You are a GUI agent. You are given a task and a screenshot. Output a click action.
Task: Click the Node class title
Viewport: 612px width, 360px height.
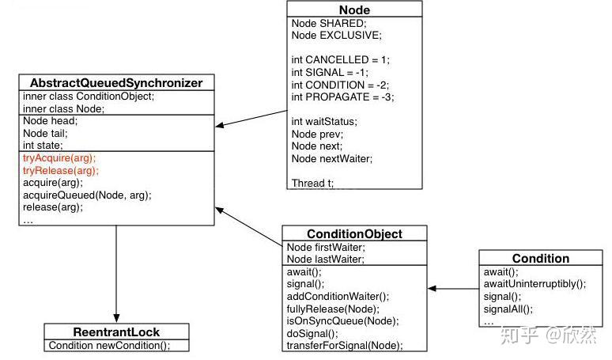(x=353, y=9)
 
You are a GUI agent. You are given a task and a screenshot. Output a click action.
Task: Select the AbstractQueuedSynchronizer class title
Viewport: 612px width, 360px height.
(x=115, y=83)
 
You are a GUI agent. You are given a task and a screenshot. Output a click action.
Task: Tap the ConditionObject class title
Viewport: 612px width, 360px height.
(x=354, y=234)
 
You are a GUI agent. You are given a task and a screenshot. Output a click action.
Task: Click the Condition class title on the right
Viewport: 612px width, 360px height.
(x=540, y=259)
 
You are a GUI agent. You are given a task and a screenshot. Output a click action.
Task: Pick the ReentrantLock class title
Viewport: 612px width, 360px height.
(x=116, y=332)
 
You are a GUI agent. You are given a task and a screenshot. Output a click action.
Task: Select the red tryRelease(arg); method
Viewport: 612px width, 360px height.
(x=61, y=170)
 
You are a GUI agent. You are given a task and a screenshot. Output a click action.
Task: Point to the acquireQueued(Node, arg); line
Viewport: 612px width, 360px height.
(x=87, y=195)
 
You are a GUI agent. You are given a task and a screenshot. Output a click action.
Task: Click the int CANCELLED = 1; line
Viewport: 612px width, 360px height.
(x=340, y=60)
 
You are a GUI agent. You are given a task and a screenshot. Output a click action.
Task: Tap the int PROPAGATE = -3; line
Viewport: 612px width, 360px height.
(x=342, y=97)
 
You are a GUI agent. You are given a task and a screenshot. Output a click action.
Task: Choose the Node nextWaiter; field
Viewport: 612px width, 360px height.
(x=331, y=158)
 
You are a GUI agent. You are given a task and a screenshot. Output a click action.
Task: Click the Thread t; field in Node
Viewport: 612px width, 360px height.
(x=312, y=183)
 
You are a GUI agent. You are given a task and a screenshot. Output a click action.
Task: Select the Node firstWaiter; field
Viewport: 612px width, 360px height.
(x=326, y=247)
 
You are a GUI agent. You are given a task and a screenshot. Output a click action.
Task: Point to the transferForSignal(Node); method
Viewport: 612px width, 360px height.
(x=344, y=346)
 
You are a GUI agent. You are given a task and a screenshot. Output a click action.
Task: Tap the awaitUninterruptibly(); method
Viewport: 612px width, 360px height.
(x=535, y=283)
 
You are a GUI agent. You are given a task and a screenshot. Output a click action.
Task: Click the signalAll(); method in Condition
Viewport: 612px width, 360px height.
(x=508, y=309)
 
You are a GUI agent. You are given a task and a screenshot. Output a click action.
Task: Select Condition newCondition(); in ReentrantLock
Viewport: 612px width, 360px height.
(x=108, y=346)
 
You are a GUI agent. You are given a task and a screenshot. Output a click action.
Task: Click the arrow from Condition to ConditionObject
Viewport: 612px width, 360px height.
(x=453, y=289)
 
